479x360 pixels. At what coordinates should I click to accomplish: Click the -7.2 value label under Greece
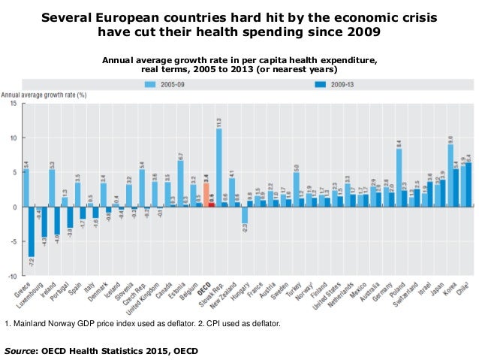coord(32,264)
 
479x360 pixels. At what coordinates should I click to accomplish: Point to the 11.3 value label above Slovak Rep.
coord(218,122)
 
